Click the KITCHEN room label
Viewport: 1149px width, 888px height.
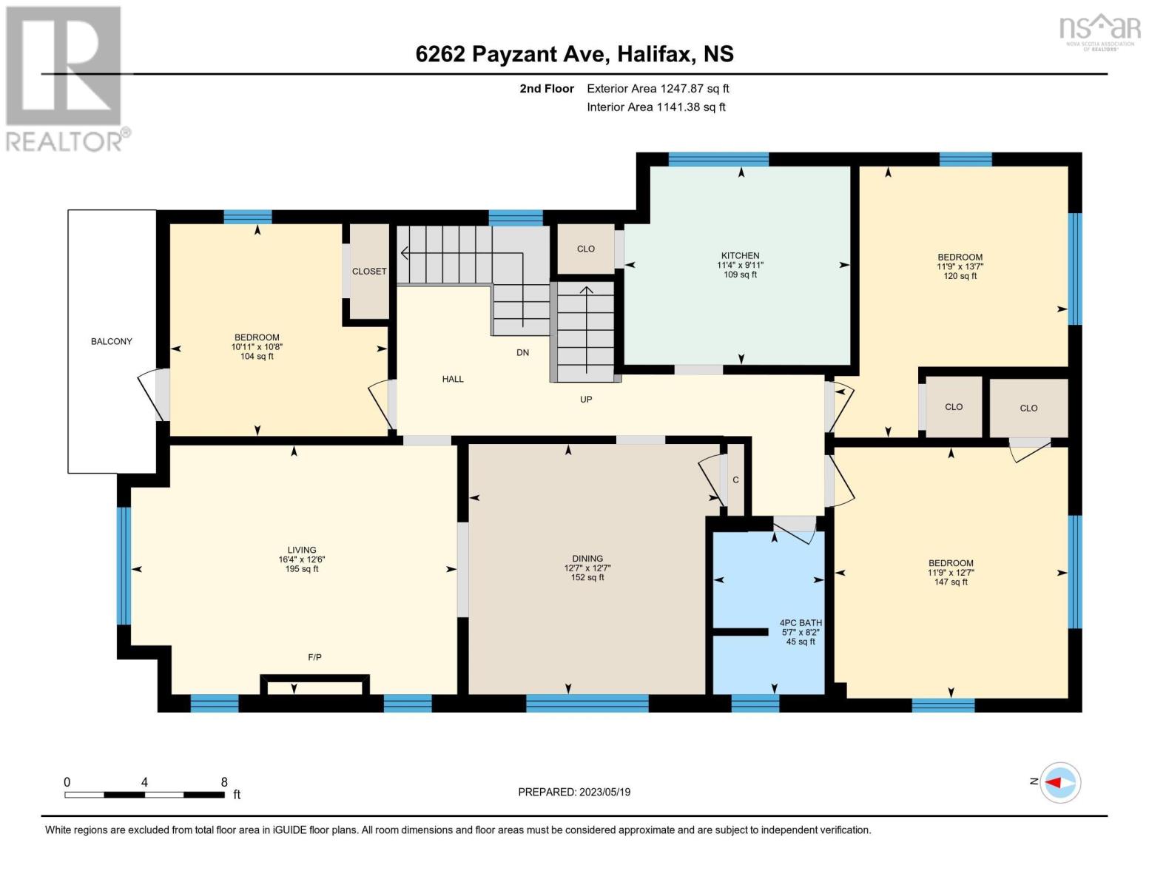741,255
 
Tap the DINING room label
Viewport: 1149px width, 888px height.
587,559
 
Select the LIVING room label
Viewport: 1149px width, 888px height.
302,550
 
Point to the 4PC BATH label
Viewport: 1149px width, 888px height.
801,623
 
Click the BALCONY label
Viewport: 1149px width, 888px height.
112,342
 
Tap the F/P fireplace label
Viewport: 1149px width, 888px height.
314,657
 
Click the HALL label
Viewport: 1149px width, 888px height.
453,379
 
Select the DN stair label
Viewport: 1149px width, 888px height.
523,353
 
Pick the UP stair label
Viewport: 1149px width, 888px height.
586,400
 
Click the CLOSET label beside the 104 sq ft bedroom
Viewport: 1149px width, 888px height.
369,272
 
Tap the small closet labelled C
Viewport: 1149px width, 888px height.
735,480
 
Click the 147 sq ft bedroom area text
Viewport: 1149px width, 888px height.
951,582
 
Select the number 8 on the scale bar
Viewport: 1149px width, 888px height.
224,782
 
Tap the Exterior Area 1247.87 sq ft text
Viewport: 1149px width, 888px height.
658,89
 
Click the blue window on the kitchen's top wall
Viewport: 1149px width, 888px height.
718,159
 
